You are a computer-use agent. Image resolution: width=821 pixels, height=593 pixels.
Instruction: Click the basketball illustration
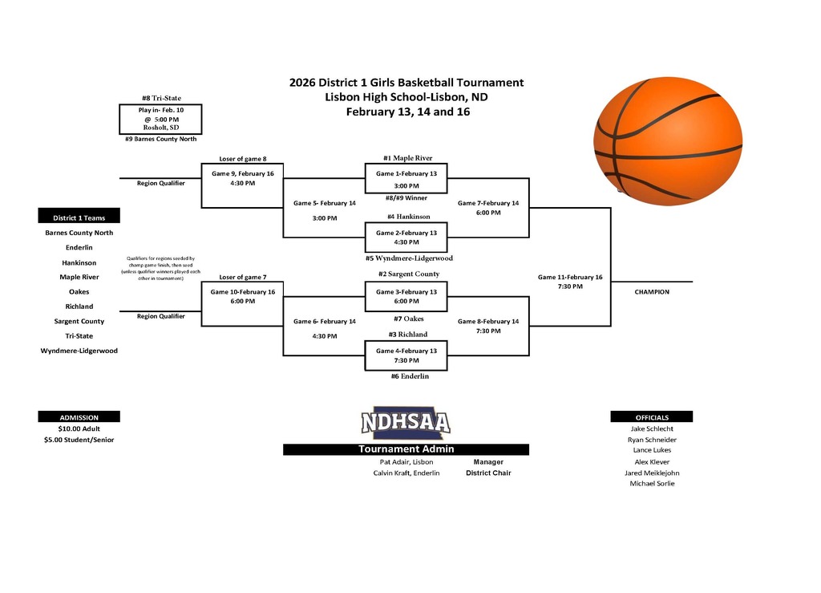click(x=668, y=137)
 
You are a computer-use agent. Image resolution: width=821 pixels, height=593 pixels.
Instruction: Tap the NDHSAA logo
click(x=405, y=423)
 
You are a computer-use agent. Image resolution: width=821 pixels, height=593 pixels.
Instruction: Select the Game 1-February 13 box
click(x=406, y=179)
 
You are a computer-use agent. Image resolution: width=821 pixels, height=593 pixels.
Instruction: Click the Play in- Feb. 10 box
click(x=160, y=119)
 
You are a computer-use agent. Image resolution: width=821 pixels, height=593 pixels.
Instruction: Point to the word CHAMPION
click(x=651, y=292)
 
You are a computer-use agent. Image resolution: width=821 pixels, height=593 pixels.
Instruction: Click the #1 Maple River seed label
click(x=408, y=158)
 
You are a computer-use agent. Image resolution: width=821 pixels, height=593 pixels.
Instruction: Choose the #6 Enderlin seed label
click(x=410, y=376)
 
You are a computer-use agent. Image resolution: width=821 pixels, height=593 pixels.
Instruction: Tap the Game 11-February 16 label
click(x=570, y=278)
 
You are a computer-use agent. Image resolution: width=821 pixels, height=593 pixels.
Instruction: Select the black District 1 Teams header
click(x=79, y=217)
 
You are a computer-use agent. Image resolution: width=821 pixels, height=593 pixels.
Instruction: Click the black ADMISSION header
click(x=79, y=417)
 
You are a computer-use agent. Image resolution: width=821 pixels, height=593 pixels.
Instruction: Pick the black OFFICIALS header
click(x=651, y=417)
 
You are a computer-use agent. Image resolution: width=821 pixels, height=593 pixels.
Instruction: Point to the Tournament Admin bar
click(x=406, y=449)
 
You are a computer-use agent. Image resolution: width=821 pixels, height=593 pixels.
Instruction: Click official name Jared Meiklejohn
click(x=652, y=473)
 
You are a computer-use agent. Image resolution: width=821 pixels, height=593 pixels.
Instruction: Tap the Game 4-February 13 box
click(x=406, y=355)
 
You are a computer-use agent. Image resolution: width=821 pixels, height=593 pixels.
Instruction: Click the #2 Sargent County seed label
click(x=408, y=274)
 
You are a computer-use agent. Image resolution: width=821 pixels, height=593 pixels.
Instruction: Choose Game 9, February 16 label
click(x=242, y=173)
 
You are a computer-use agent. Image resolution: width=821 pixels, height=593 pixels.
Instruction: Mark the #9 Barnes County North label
click(x=160, y=139)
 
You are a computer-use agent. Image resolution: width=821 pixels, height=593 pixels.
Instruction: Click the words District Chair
click(x=488, y=473)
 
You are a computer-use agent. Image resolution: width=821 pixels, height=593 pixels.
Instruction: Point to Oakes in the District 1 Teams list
click(x=79, y=292)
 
